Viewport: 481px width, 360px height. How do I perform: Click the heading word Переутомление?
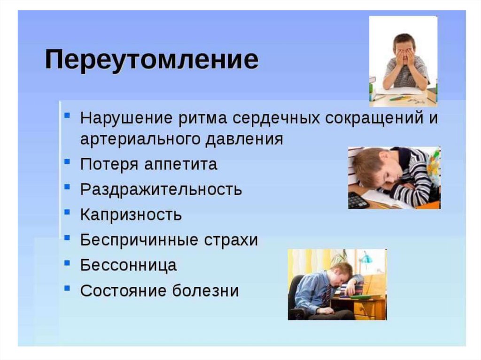point(152,60)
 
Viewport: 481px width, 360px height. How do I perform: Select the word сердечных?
point(276,118)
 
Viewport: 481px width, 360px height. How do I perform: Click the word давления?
point(244,139)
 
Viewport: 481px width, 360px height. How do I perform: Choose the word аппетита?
point(181,164)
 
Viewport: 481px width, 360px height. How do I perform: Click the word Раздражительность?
point(161,189)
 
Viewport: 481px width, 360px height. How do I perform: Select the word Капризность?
point(131,214)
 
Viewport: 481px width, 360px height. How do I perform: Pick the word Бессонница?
point(129,265)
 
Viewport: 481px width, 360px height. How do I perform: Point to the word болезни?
point(205,290)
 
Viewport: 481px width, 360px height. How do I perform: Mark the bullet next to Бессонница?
point(67,263)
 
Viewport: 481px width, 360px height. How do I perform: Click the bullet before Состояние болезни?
point(67,288)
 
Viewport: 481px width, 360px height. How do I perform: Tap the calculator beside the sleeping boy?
point(357,200)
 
